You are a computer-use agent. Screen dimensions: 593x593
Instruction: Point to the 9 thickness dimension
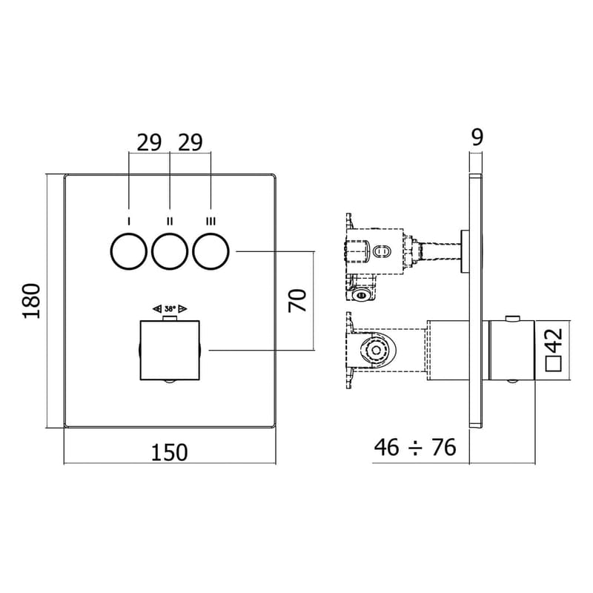coord(477,136)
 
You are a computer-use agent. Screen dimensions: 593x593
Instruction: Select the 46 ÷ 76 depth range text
coord(414,447)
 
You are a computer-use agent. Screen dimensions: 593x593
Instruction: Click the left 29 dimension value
coord(149,142)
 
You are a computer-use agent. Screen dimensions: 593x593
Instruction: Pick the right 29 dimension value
coord(190,142)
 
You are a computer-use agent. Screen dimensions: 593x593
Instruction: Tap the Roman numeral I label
coord(129,221)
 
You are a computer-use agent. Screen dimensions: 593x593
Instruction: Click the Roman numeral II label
coord(170,221)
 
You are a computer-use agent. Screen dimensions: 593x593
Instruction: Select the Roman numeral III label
coord(211,221)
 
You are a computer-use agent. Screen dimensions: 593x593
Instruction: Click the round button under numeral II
coord(170,253)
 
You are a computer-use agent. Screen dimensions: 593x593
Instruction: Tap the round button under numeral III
coord(211,253)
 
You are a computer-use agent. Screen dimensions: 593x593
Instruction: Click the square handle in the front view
coord(170,350)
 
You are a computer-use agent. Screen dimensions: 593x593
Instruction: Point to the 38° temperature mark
coord(170,308)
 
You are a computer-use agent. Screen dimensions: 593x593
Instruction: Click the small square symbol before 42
coord(551,363)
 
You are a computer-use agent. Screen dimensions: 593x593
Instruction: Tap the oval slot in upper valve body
coord(381,251)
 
